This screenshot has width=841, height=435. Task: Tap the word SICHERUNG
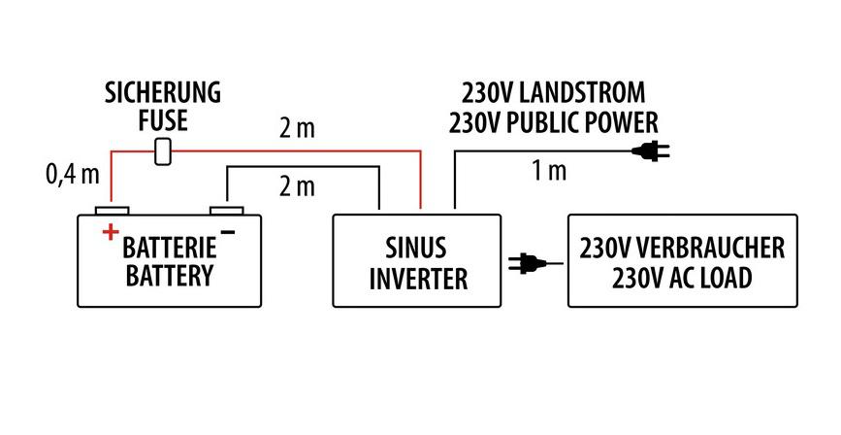click(x=163, y=94)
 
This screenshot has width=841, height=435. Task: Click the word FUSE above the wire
click(x=163, y=122)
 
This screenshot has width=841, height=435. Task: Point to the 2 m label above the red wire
click(x=297, y=128)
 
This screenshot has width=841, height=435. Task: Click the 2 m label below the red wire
click(x=297, y=186)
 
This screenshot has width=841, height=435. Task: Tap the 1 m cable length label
click(x=548, y=172)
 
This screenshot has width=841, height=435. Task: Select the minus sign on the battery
click(x=228, y=231)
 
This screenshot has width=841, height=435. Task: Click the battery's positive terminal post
click(x=112, y=210)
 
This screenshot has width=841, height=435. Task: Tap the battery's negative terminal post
click(x=227, y=210)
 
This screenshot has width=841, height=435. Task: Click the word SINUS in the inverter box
click(x=417, y=247)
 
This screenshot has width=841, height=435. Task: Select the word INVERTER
click(x=417, y=279)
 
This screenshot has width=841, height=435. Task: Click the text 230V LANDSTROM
click(x=552, y=94)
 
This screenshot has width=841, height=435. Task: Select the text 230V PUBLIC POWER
click(x=552, y=122)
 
